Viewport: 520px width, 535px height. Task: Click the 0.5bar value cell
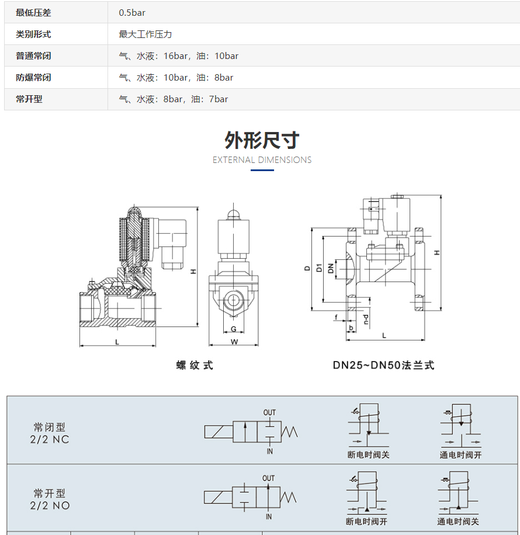point(132,12)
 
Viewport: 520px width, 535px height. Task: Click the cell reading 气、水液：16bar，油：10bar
point(178,56)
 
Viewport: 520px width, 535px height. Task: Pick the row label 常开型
point(29,99)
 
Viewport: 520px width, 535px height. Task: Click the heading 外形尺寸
point(262,140)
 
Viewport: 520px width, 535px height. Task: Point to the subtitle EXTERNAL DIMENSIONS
point(262,160)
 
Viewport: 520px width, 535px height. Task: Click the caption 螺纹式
point(195,366)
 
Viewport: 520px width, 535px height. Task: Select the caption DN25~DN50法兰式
point(383,366)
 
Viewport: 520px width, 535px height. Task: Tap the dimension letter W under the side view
point(234,342)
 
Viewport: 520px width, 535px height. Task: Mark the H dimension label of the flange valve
point(436,252)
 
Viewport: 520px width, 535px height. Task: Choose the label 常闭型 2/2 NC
point(51,433)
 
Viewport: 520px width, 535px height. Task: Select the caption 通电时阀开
point(460,455)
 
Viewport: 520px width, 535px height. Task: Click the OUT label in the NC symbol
point(269,412)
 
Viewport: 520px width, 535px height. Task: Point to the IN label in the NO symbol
point(269,517)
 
